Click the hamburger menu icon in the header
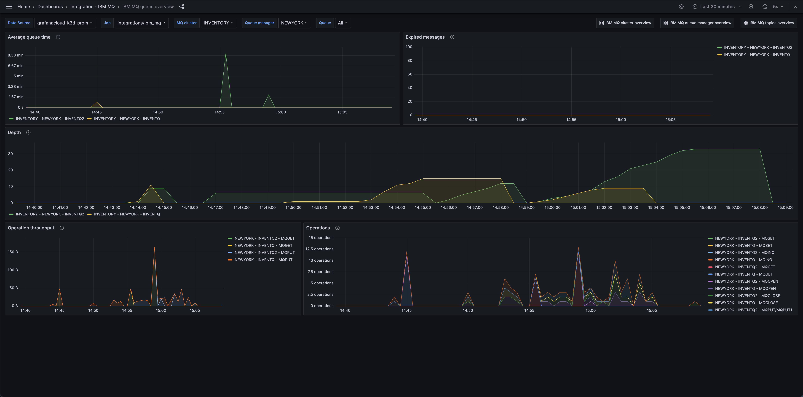pos(9,7)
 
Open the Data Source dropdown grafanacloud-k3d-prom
pos(64,23)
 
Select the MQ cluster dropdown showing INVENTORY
pos(218,23)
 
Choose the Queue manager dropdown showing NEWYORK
pos(294,23)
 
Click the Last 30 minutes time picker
pos(717,7)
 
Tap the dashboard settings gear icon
pos(681,7)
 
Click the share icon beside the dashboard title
pos(182,7)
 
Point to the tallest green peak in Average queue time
pos(226,54)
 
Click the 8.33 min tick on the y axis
pos(16,55)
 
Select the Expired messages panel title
pos(425,37)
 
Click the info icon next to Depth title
pos(28,133)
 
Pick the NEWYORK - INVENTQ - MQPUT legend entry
pos(263,260)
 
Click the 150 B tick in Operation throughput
pos(13,252)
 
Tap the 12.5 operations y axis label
pos(319,249)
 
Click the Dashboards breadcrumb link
pos(50,7)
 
